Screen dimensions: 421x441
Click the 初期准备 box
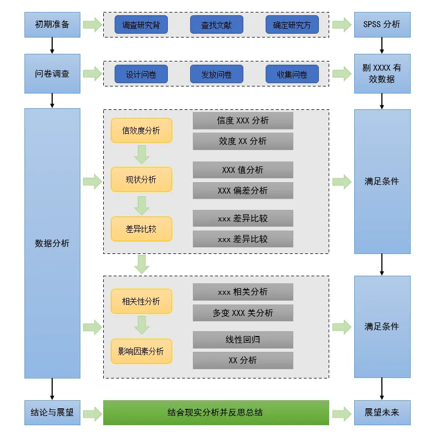coord(52,25)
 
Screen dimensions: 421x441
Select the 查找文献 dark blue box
coord(216,25)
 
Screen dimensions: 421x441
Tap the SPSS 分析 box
coord(382,25)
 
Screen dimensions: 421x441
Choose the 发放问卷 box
coord(216,74)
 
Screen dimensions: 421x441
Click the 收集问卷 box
coord(292,74)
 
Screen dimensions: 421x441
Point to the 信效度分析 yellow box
coord(141,131)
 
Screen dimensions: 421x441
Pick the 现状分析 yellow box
coord(141,179)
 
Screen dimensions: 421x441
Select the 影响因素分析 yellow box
coord(141,351)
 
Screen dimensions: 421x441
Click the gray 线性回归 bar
coord(243,340)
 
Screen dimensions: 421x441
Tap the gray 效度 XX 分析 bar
coord(243,141)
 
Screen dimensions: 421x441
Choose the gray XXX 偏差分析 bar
coord(243,190)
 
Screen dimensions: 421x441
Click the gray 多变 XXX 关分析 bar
coord(243,313)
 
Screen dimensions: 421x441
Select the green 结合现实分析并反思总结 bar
coord(216,413)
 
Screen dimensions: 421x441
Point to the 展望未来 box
coord(382,413)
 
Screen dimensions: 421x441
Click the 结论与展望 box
coord(52,413)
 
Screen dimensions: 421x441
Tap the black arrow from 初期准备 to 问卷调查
coord(52,45)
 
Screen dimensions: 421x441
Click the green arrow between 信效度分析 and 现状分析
coord(142,154)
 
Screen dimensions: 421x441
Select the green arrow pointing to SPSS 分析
coord(342,25)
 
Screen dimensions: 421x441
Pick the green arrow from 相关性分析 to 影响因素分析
coord(142,325)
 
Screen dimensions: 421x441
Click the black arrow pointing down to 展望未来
coord(382,389)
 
